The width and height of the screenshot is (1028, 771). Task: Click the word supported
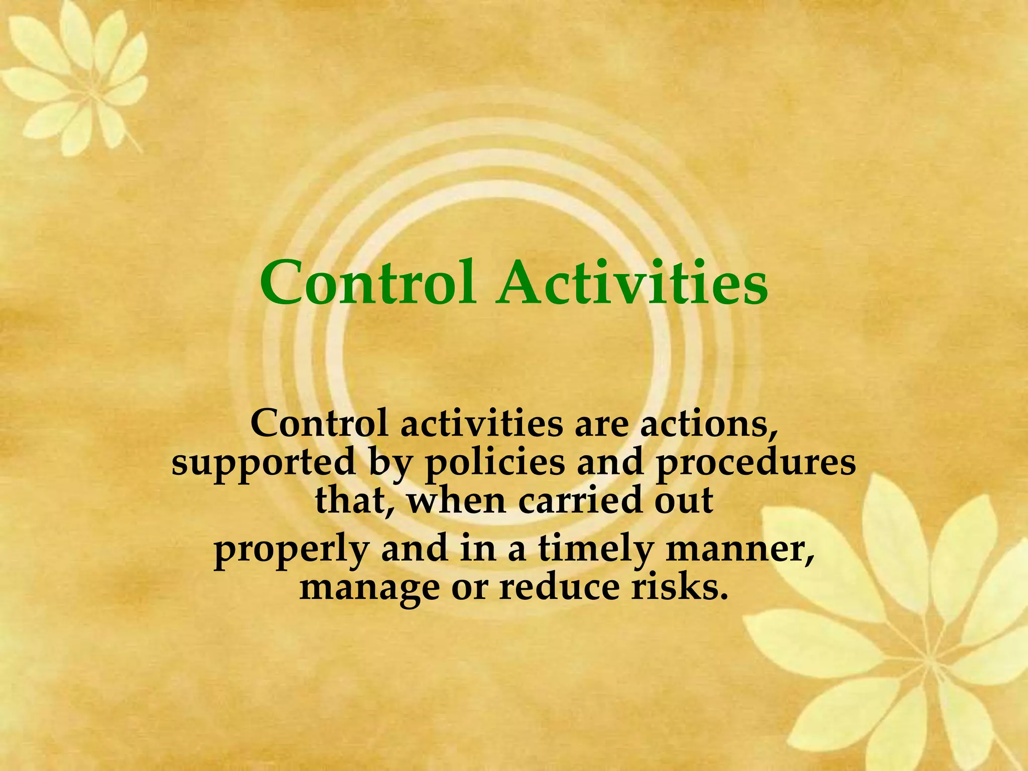264,463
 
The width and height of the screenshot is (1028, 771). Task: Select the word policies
495,463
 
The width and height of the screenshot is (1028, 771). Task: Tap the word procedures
756,463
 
